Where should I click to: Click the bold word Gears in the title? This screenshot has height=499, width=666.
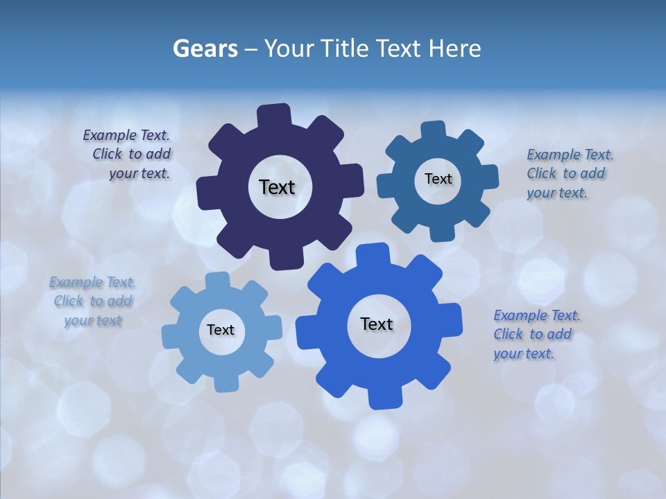coord(205,49)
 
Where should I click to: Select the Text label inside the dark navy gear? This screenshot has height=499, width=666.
coord(277,187)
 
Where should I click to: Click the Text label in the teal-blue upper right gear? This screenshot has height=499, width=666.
coord(438,179)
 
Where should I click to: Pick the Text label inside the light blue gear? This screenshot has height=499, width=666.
coord(221,330)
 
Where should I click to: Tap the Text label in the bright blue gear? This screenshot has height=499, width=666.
coord(377,324)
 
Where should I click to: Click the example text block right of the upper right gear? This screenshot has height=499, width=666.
coord(569,174)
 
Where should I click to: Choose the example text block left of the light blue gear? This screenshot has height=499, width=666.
coord(92,301)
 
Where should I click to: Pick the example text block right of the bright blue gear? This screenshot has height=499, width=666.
coord(536,335)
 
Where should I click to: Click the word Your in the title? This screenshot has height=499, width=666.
coord(291,49)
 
